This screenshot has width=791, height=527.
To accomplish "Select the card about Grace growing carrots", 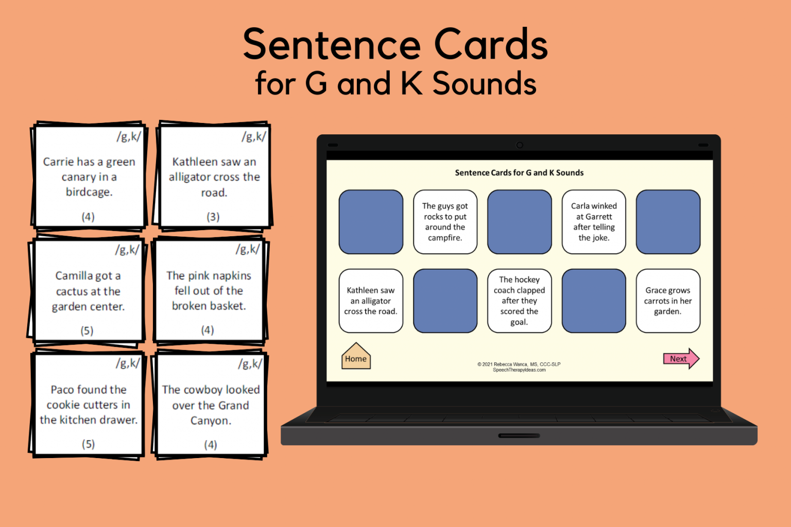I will pos(667,301).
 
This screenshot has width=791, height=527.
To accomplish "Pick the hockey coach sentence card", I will pos(519,301).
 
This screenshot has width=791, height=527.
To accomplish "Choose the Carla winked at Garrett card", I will pos(593,222).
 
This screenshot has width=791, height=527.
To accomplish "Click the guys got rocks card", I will pos(445,222).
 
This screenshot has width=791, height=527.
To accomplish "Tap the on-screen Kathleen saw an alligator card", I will pos(371,301).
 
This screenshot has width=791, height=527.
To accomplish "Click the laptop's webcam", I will pos(519,145).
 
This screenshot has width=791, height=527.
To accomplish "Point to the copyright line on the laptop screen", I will pos(519,364).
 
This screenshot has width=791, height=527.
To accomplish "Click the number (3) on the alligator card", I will pos(213,217).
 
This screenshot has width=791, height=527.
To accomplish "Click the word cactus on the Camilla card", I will pos(72,292).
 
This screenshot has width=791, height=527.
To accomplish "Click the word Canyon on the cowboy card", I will pos(211,421).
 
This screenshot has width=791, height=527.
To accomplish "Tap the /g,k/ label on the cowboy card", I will pos(250,364).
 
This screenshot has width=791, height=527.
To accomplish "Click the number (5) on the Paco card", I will pos(88,444).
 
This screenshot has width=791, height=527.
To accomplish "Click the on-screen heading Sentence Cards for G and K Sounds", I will pos(519,173).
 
